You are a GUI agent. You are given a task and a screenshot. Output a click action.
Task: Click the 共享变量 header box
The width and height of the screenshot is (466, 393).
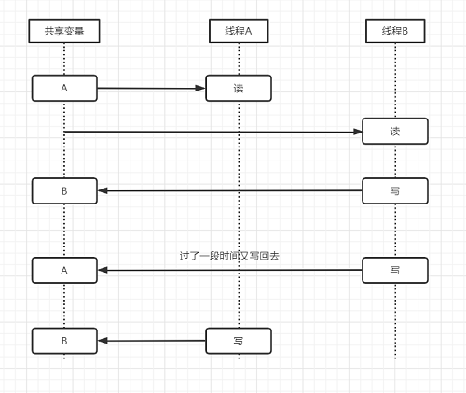(64, 31)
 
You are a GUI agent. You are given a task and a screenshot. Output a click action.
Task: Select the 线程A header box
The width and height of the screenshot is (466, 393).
(239, 31)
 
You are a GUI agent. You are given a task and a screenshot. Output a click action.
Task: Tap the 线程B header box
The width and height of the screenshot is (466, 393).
(395, 31)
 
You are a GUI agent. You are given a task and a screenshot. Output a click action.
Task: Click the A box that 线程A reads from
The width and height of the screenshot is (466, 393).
(64, 88)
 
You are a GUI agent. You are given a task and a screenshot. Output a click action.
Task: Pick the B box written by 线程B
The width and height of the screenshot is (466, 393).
(64, 191)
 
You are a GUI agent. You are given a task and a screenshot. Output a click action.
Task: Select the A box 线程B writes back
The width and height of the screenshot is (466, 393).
(64, 270)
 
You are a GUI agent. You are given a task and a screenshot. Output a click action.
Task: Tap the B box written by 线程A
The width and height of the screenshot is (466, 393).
(64, 341)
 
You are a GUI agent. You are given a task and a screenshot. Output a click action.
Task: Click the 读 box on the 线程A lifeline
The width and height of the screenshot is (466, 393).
(239, 88)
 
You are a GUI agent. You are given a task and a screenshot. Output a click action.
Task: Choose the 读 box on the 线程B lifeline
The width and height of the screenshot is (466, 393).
(395, 131)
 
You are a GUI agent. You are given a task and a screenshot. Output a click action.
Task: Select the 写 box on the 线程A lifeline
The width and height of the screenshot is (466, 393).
(239, 341)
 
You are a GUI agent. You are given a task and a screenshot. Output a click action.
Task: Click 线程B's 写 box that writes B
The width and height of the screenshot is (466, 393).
(395, 191)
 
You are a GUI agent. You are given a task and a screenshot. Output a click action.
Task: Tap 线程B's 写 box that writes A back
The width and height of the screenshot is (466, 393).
(395, 270)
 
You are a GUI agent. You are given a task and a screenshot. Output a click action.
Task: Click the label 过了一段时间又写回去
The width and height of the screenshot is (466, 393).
(229, 256)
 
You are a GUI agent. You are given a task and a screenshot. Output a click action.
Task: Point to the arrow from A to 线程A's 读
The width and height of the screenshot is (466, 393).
(152, 89)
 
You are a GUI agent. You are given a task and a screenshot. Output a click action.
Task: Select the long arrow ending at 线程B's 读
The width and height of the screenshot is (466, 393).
(213, 132)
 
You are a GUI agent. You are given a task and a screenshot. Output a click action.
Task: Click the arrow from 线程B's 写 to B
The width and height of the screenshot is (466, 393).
(230, 190)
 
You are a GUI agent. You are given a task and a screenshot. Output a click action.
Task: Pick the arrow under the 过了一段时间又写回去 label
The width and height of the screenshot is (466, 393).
(230, 270)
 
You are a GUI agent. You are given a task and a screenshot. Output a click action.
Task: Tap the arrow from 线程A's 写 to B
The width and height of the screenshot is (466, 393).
(152, 341)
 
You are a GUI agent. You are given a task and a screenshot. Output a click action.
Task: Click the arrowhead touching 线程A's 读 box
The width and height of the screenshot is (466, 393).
(200, 89)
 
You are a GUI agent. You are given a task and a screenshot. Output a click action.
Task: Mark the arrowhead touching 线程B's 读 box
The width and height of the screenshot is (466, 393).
(357, 132)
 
